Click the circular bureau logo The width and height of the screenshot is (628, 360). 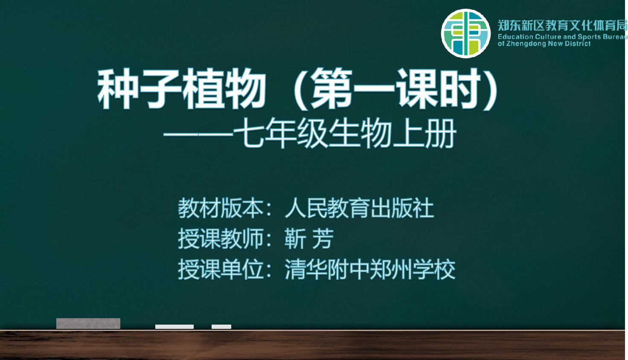click(x=466, y=33)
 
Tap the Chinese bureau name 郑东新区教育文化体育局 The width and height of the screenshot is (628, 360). click(x=562, y=26)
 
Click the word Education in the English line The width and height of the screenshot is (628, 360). click(x=515, y=37)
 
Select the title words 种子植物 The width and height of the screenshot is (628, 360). click(x=182, y=89)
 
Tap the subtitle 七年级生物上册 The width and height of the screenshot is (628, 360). click(x=345, y=133)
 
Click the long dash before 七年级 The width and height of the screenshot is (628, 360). click(x=198, y=135)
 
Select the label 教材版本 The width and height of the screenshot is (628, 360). click(x=221, y=208)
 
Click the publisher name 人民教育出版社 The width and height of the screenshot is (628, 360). click(x=359, y=208)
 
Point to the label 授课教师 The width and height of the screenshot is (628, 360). click(x=221, y=238)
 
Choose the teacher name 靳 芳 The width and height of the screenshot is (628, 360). click(x=309, y=238)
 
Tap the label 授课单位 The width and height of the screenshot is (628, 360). click(x=221, y=269)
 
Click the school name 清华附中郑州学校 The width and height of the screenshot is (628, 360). click(x=370, y=269)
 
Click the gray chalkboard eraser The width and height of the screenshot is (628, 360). click(x=88, y=323)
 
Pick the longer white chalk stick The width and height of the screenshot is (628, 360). click(x=174, y=327)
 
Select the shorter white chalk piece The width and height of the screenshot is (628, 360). click(x=221, y=327)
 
